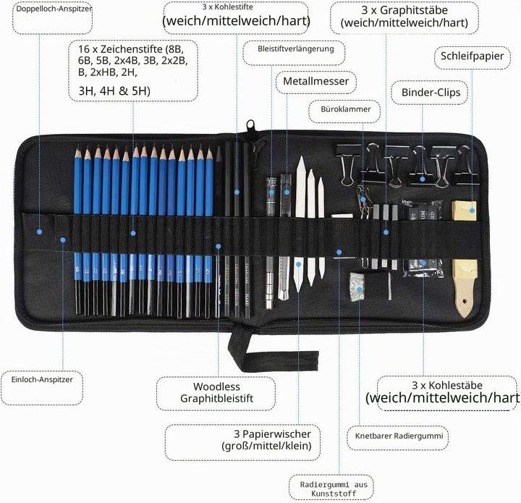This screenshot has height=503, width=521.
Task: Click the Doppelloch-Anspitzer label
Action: (54, 9)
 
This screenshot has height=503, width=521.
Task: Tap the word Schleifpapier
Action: (472, 56)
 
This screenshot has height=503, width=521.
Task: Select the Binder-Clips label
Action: (431, 93)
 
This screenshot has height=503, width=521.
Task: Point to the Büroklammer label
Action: (346, 109)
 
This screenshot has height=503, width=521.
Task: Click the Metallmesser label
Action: (315, 81)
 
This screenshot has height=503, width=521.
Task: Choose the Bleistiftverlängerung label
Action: (296, 49)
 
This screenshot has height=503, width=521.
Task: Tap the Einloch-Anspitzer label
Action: (42, 380)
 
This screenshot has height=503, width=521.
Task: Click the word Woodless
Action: (216, 386)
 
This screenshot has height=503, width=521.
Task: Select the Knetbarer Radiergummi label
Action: (399, 436)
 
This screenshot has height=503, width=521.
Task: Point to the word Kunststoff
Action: (334, 494)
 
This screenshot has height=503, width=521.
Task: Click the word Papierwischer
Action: (276, 434)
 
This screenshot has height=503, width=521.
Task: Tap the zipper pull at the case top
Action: (250, 126)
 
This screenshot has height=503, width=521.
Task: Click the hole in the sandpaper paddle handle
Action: (465, 302)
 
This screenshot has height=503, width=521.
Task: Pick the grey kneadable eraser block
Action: (357, 287)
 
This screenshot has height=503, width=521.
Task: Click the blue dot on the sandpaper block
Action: (472, 211)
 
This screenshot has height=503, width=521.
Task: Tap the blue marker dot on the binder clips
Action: (423, 179)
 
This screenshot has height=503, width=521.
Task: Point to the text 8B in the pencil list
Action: (176, 49)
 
